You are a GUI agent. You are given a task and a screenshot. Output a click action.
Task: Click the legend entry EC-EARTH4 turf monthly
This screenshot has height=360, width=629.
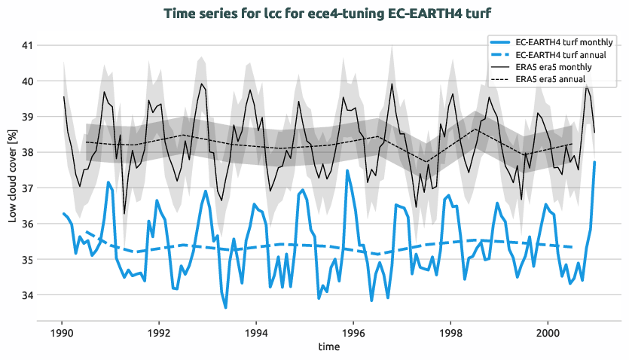click(566, 43)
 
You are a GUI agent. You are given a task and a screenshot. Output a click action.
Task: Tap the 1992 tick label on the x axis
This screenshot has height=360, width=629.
click(158, 332)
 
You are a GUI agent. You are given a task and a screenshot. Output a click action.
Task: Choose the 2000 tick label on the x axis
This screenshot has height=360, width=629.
click(548, 332)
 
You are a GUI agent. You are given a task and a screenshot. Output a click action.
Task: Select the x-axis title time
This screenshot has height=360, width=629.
click(328, 347)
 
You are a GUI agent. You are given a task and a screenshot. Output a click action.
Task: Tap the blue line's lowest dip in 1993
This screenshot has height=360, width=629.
click(225, 307)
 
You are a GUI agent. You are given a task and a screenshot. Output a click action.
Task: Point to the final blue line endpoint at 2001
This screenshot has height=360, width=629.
click(594, 162)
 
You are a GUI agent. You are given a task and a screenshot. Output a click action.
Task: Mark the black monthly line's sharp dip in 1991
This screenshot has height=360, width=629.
click(124, 214)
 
